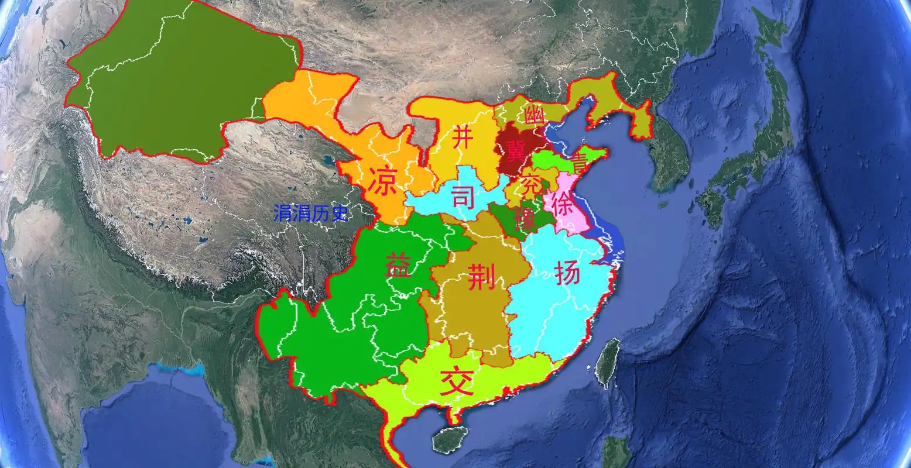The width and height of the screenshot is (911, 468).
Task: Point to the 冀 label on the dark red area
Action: click(516, 151)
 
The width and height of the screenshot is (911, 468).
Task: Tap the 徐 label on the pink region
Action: click(563, 203)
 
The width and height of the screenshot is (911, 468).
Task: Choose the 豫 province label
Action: click(525, 219)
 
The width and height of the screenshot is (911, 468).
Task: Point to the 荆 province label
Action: click(482, 276)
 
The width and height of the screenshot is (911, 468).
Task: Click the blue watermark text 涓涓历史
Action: click(310, 214)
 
